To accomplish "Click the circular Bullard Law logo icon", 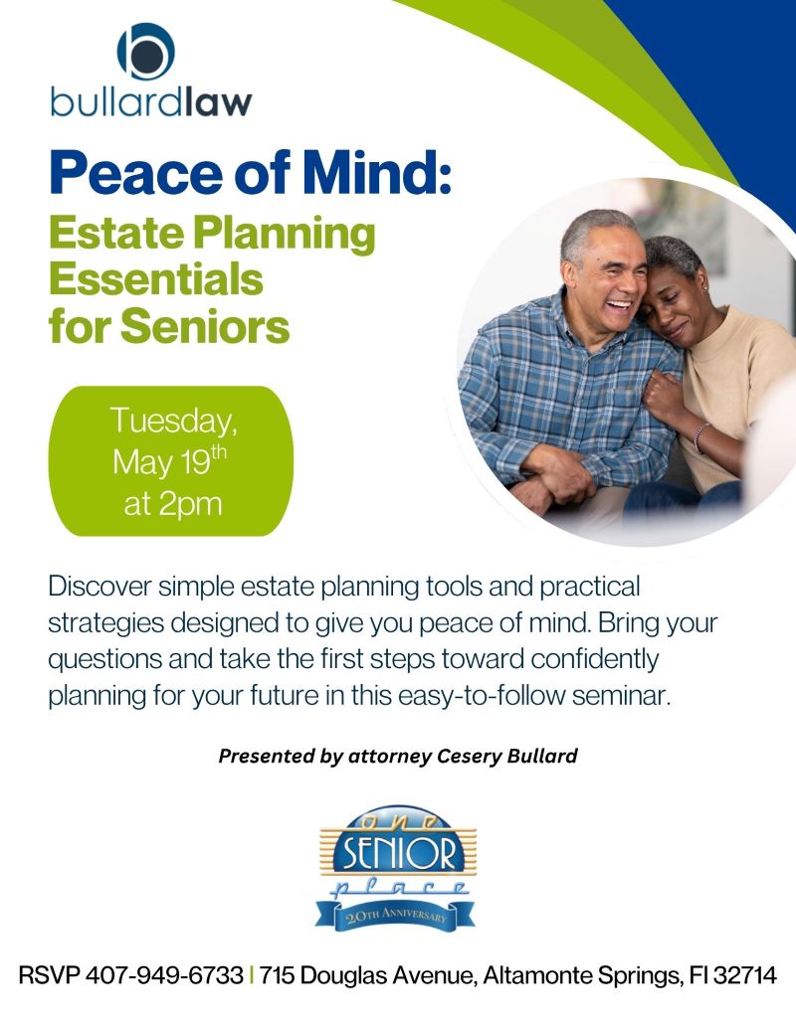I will pos(145,51).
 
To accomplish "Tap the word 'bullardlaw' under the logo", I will pos(151,102).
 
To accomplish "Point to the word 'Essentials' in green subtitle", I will pos(156,279).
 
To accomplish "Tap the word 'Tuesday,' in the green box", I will pos(174,421).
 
